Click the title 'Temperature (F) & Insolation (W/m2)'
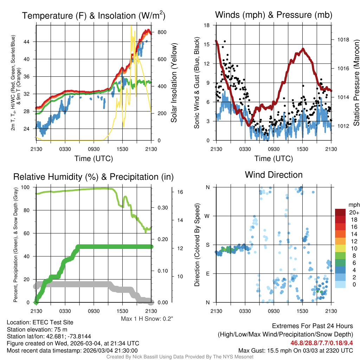coord(94,15)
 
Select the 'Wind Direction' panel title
coord(274,175)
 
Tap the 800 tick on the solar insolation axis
coord(162,32)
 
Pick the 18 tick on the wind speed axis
coord(207,25)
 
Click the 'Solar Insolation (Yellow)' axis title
coord(174,83)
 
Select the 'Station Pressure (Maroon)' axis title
coord(356,83)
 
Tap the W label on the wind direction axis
coord(207,216)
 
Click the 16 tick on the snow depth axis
coord(180,192)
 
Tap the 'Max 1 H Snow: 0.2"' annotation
coord(147,319)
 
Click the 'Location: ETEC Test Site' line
coord(40,322)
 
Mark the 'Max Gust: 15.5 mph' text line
coord(295,350)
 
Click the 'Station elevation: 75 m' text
coord(37,329)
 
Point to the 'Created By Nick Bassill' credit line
coord(180,357)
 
